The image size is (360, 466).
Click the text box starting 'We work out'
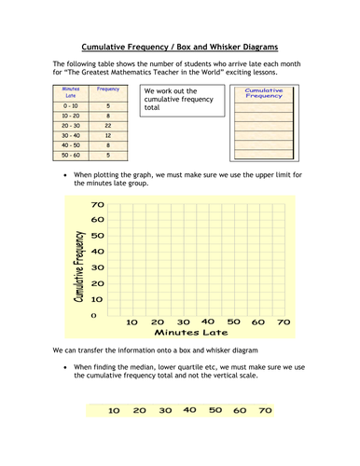183,100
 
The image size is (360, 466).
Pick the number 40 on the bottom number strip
190,409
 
